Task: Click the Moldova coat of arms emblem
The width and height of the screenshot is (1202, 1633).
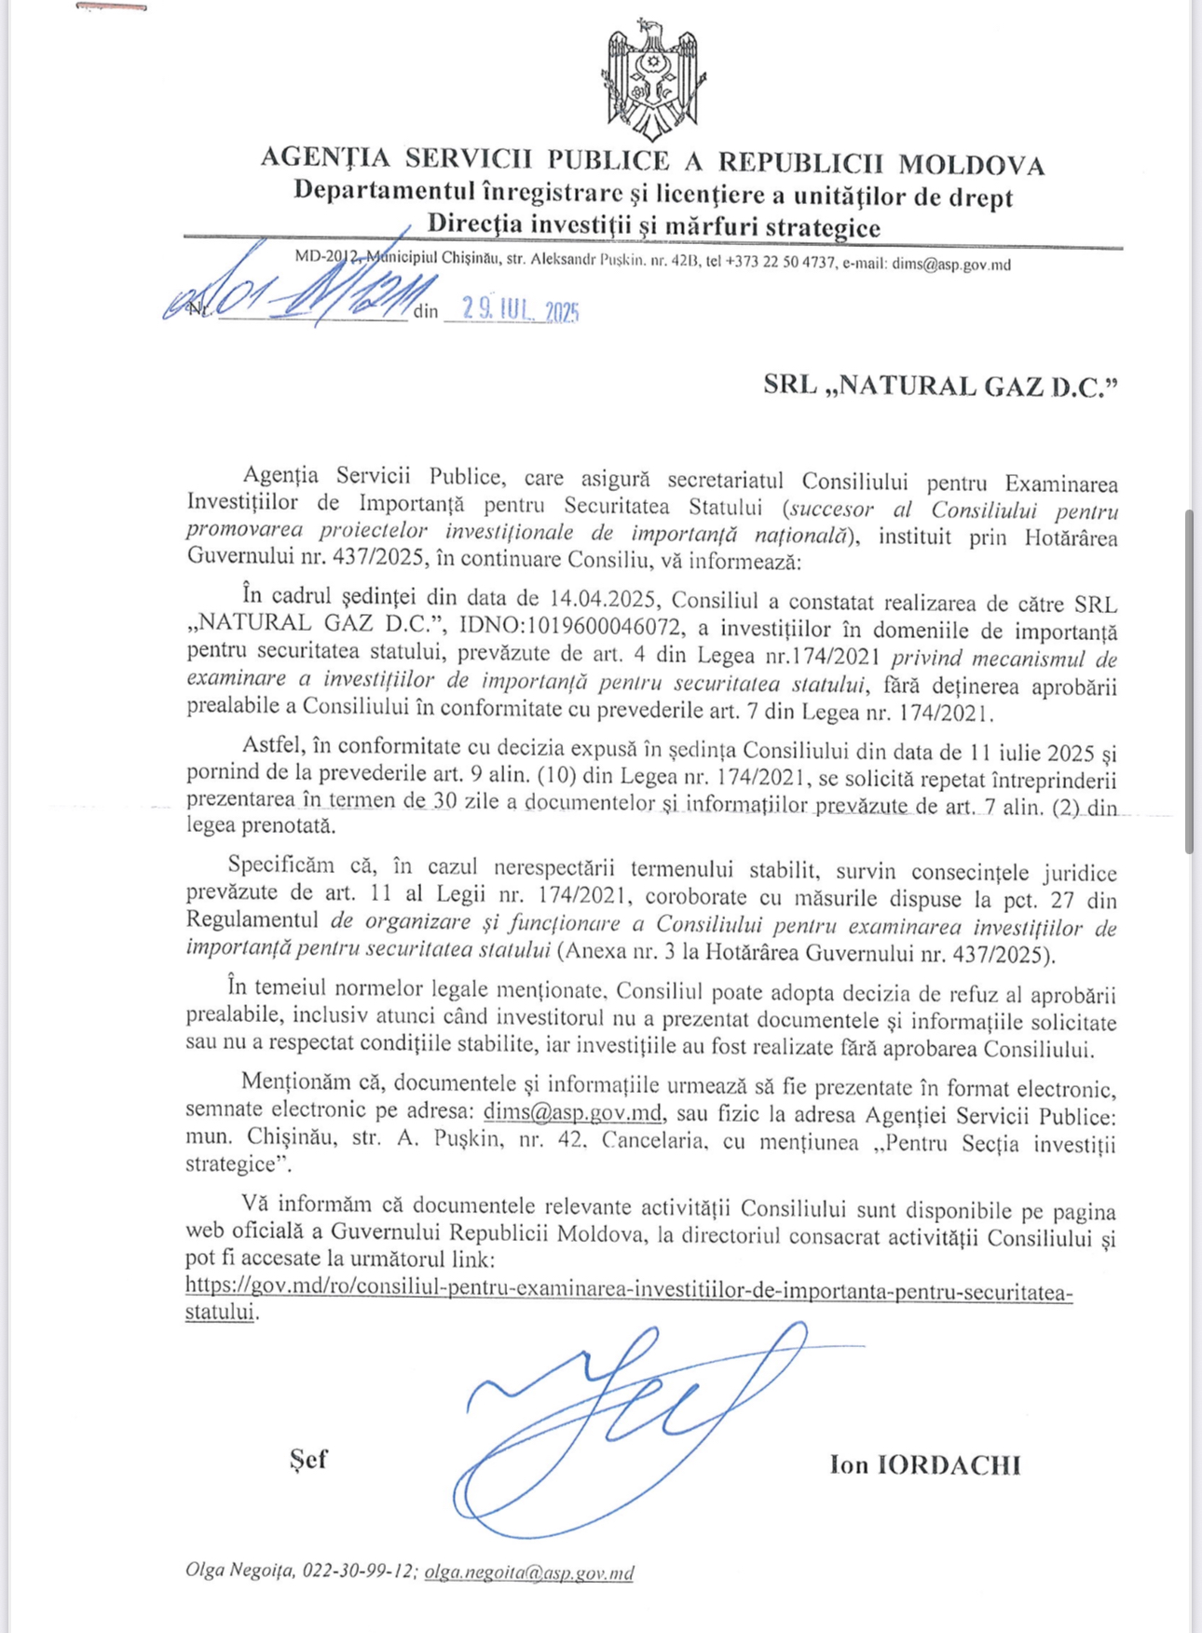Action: (x=652, y=80)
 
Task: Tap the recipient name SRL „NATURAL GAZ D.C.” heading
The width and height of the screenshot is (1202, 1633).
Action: (x=939, y=386)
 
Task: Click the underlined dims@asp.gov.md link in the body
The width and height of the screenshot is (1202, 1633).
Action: (x=573, y=1112)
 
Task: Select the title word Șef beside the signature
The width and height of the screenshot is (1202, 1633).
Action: (x=308, y=1459)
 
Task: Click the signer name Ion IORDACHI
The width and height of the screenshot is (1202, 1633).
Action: (x=924, y=1464)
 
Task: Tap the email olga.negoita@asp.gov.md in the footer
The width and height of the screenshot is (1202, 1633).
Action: (x=529, y=1572)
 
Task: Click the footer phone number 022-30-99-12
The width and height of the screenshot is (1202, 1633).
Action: (x=359, y=1572)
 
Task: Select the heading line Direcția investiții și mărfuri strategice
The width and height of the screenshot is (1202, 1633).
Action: (x=653, y=226)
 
